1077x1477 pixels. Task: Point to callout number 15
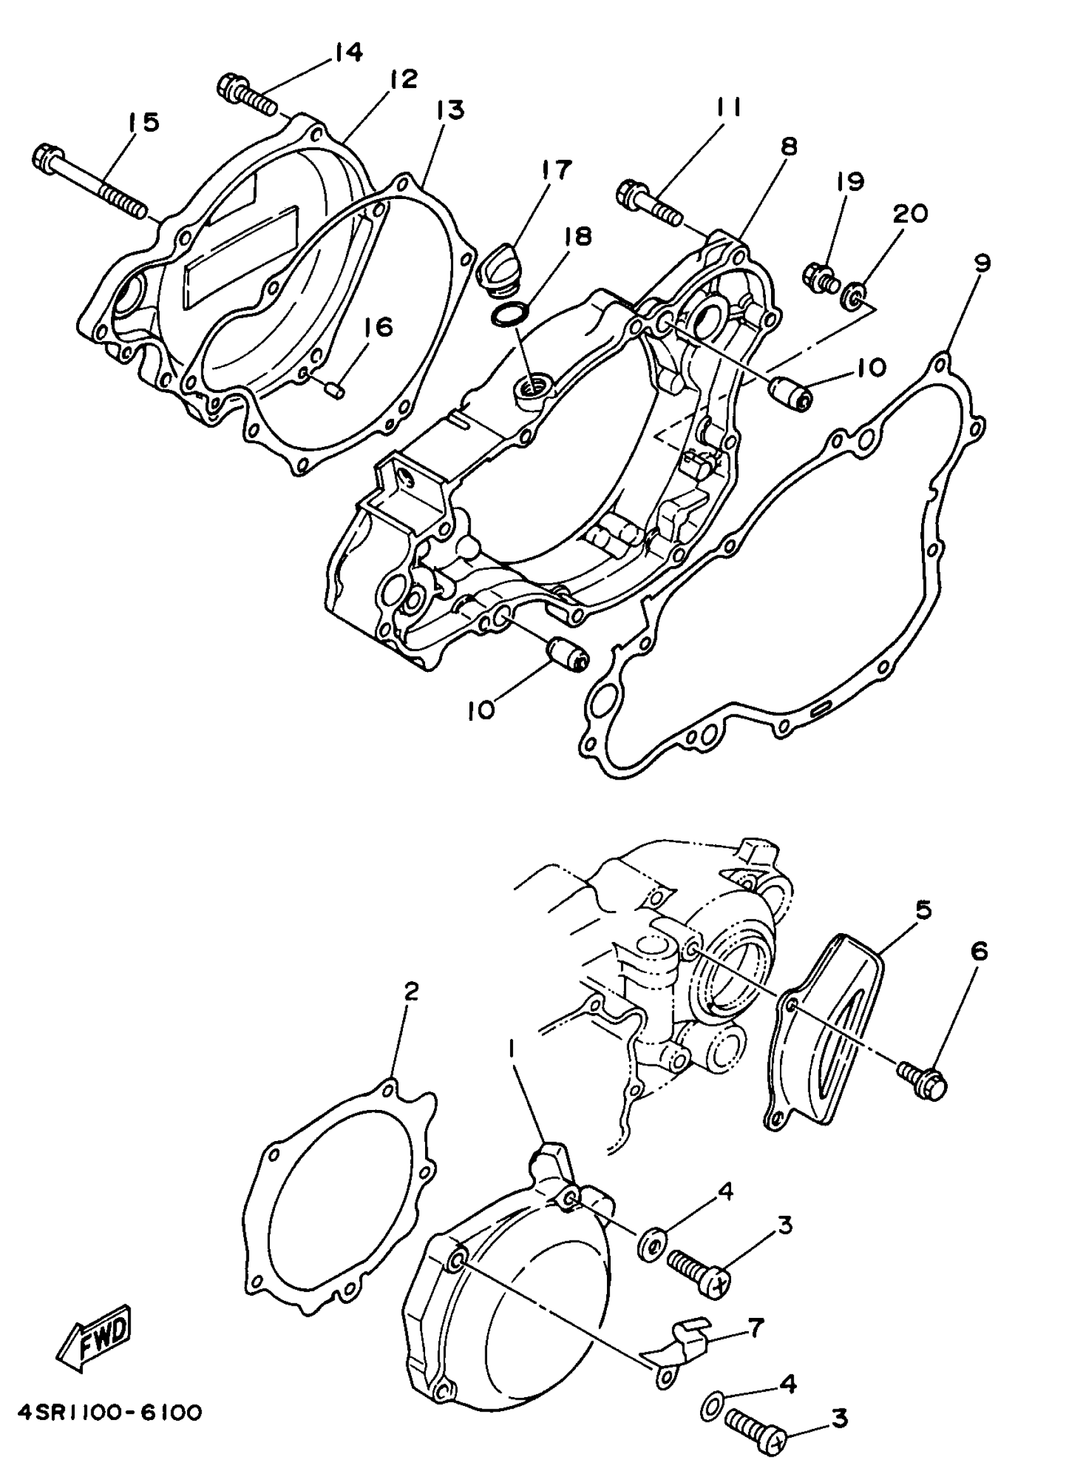pyautogui.click(x=143, y=121)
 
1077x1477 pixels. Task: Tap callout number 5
pyautogui.click(x=922, y=910)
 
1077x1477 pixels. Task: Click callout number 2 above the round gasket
pyautogui.click(x=411, y=992)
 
